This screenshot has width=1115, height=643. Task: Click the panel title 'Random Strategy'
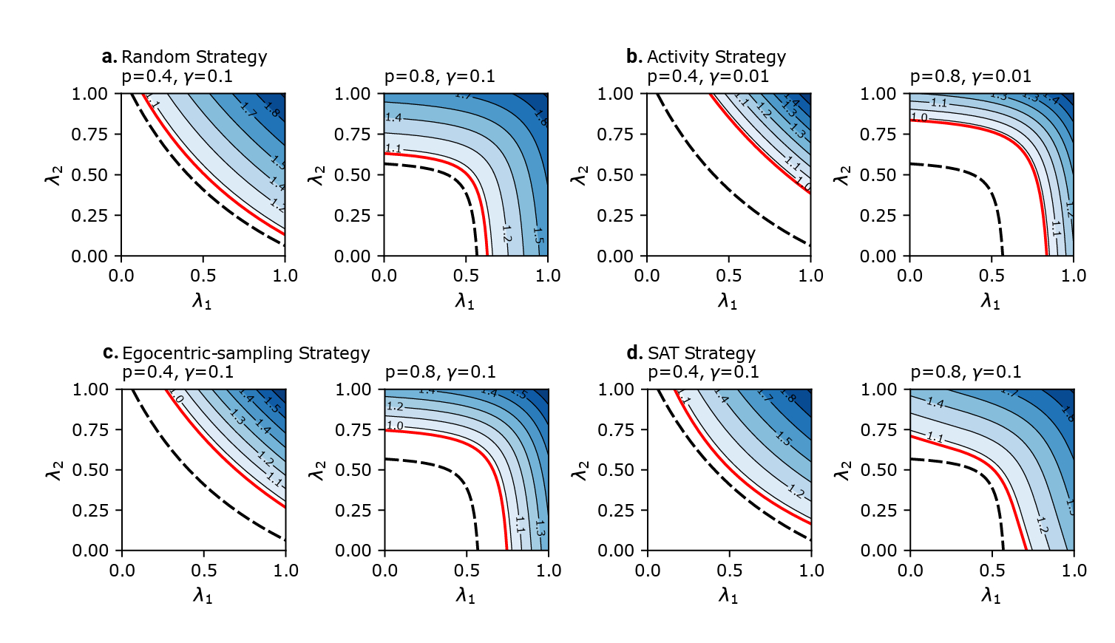[x=194, y=57]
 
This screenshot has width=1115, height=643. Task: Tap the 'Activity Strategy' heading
[x=716, y=57]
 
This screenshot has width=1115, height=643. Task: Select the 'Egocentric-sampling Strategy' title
[x=245, y=353]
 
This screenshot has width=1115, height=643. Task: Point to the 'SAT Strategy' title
[x=701, y=353]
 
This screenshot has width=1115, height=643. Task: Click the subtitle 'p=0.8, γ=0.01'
[x=970, y=76]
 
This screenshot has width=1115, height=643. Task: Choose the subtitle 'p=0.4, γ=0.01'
[x=708, y=76]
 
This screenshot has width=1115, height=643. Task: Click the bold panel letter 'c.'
[x=110, y=353]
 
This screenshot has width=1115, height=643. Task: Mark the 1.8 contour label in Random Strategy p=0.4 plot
[x=271, y=112]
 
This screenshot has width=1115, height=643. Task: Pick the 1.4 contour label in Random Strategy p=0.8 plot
[x=393, y=118]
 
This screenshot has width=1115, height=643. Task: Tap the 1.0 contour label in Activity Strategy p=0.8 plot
[x=919, y=118]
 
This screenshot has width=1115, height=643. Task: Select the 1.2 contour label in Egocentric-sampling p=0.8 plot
[x=395, y=406]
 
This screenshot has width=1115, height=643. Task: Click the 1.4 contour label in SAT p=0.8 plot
[x=935, y=403]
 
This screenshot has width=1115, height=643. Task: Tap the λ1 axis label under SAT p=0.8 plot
[x=991, y=596]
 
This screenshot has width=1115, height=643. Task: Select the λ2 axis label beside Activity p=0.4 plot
[x=580, y=175]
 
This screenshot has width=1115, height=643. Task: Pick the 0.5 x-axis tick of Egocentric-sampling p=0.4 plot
[x=204, y=571]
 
